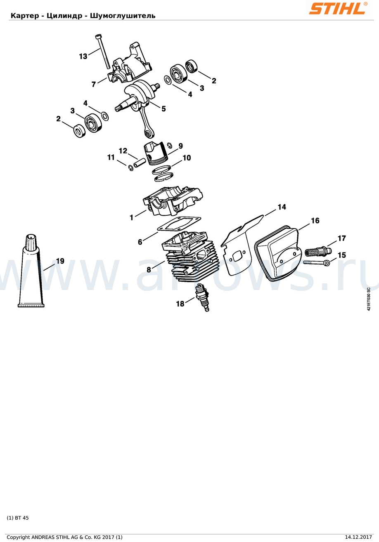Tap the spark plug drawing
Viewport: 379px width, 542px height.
[203, 297]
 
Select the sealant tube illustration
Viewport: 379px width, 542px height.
[31, 271]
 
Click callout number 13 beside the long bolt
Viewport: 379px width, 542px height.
[83, 57]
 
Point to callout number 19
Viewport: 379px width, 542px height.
[60, 261]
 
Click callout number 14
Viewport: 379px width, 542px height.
[282, 207]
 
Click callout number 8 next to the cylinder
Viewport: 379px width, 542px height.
[149, 269]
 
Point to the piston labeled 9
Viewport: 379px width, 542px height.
[156, 153]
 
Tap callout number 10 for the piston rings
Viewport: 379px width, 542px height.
[187, 158]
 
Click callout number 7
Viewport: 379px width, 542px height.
[94, 84]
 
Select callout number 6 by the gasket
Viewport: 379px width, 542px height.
[140, 242]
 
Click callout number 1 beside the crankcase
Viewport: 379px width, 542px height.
[132, 217]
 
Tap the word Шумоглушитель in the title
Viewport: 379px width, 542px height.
[123, 16]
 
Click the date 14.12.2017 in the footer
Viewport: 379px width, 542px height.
[360, 537]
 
